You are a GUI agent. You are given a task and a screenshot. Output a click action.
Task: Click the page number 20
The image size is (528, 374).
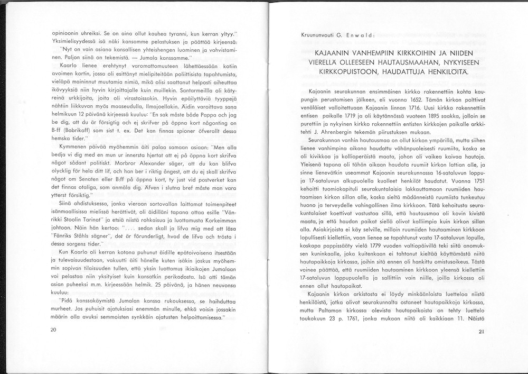pyautogui.click(x=53, y=330)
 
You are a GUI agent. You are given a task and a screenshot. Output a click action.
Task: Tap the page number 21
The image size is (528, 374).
pyautogui.click(x=480, y=332)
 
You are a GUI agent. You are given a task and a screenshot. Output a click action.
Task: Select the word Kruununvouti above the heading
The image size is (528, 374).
pyautogui.click(x=317, y=35)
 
